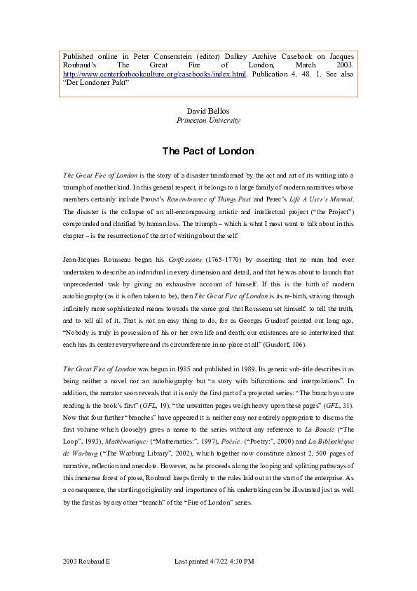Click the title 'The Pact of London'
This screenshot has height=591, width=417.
208,151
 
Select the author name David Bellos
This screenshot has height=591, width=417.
208,111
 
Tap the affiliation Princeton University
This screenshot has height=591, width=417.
208,120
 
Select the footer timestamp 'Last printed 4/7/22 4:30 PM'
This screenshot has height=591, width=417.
213,562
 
